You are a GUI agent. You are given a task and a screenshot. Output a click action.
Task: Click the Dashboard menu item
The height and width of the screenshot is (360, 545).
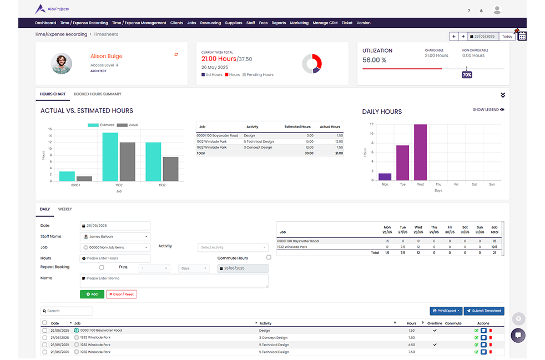(x=46, y=23)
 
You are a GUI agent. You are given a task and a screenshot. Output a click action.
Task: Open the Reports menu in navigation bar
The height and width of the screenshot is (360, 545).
(x=279, y=23)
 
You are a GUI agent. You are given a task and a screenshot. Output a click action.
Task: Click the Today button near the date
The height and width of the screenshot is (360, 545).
(x=507, y=37)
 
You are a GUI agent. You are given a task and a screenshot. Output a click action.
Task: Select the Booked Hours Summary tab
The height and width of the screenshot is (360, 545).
(x=98, y=94)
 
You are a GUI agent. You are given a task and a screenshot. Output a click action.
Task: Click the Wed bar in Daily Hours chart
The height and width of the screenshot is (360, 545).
(x=420, y=152)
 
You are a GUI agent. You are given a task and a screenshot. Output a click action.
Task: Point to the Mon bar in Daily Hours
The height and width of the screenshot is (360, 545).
(x=385, y=176)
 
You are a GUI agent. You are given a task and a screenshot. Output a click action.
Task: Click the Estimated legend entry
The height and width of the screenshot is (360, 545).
(x=102, y=125)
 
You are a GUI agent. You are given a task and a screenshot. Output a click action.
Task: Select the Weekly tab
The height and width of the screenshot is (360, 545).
(x=65, y=209)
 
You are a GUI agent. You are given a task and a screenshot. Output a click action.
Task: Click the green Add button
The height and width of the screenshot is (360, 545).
(x=92, y=294)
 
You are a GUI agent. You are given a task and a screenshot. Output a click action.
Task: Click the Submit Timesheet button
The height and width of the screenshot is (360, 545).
(x=484, y=311)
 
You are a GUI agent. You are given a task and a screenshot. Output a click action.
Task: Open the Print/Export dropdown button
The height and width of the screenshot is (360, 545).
(x=446, y=311)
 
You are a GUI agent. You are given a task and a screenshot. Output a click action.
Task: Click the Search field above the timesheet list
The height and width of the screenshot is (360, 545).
(x=67, y=311)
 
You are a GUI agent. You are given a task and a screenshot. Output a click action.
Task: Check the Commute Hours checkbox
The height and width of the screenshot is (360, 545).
(x=269, y=257)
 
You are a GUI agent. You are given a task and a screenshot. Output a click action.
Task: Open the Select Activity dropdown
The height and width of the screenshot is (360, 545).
(x=233, y=247)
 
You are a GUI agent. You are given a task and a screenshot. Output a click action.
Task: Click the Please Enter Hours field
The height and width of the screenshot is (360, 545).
(x=115, y=258)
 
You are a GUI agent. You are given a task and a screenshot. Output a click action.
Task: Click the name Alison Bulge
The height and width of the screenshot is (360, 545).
(x=107, y=56)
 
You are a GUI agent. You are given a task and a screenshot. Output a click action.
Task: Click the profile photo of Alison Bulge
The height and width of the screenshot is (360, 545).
(x=61, y=64)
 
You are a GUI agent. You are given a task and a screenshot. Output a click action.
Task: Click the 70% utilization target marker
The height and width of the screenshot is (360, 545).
(x=467, y=74)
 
